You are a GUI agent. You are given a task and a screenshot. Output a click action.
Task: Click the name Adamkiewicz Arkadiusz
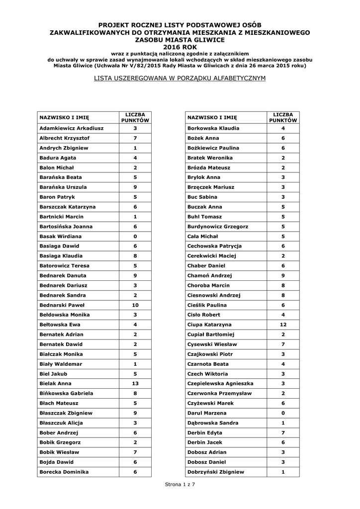click(x=71, y=128)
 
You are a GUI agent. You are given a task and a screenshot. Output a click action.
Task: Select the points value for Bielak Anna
click(x=135, y=384)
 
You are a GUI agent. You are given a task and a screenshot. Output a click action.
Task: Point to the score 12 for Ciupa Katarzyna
click(x=283, y=325)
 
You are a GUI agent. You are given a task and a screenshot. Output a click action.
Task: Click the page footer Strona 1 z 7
click(x=180, y=484)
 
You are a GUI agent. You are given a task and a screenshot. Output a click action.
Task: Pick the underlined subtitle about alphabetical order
click(x=180, y=79)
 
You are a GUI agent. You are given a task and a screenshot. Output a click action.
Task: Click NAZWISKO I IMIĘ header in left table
click(x=64, y=117)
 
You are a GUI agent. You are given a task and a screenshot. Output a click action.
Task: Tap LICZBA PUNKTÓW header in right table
click(x=283, y=117)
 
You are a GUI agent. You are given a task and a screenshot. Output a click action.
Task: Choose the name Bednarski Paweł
click(x=62, y=305)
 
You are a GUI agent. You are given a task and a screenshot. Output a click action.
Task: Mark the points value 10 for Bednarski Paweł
click(x=135, y=305)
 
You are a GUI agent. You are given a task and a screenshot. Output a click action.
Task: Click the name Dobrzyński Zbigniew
click(x=215, y=472)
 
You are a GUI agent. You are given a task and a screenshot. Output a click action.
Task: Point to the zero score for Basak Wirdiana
click(x=135, y=236)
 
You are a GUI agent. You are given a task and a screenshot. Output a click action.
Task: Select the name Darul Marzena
click(x=206, y=413)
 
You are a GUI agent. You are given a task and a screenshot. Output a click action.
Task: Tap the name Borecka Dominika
click(x=64, y=472)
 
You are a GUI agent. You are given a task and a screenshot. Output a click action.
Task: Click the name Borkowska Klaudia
click(x=213, y=128)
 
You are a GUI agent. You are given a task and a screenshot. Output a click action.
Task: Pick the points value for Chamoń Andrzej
click(x=283, y=275)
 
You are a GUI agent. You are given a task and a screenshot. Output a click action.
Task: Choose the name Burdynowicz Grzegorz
click(x=218, y=226)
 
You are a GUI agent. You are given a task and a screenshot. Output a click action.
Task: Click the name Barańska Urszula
click(x=63, y=187)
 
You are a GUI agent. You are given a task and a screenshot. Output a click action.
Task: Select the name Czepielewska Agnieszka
click(x=220, y=384)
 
